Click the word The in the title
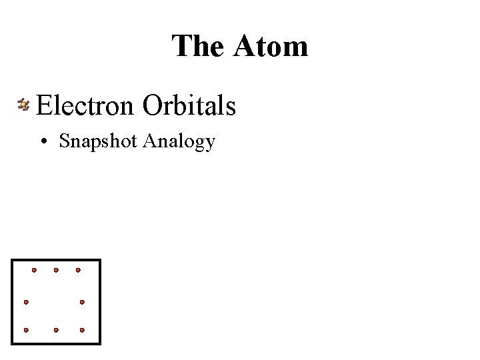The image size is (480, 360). tap(197, 46)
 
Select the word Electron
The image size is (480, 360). tap(86, 105)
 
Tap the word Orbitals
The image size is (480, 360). tap(189, 105)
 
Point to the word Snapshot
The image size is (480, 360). tap(98, 141)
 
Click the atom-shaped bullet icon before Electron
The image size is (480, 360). tap(24, 105)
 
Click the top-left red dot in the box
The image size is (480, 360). tap(35, 270)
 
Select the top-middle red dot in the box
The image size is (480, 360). tap(56, 270)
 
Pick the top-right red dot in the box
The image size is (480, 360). tap(78, 270)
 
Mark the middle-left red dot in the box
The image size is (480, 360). tap(26, 302)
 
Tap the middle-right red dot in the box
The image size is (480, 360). tap(82, 302)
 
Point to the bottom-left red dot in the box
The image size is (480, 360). tap(26, 330)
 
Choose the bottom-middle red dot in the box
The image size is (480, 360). tap(56, 330)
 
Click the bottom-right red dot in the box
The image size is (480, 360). tap(82, 330)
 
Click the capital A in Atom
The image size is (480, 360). tap(244, 46)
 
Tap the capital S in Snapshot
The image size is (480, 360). tap(64, 141)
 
